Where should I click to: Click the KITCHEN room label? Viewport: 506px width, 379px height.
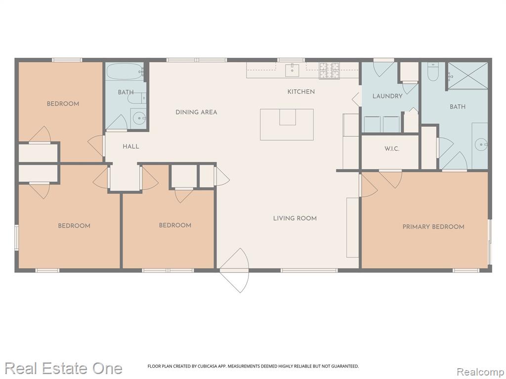point(301,92)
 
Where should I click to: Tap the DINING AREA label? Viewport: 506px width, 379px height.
point(196,112)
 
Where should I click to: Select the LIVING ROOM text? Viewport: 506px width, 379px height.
point(295,218)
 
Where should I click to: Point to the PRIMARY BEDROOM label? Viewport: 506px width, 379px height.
point(433,227)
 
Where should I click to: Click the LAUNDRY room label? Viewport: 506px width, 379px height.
point(387,96)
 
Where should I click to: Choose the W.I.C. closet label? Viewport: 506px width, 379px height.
point(392,149)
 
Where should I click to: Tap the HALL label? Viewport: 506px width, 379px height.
point(130,147)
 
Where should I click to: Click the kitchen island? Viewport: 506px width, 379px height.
point(287,124)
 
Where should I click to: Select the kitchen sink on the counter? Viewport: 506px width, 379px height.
point(292,71)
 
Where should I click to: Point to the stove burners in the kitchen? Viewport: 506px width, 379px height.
point(330,71)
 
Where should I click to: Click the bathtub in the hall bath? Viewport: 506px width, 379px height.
point(125,72)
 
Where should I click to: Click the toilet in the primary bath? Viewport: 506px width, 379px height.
point(433,72)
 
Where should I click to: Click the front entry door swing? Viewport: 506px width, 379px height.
point(235,270)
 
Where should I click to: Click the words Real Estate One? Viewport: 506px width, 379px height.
point(64,368)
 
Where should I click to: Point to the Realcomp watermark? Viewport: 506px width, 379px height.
point(480,372)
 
